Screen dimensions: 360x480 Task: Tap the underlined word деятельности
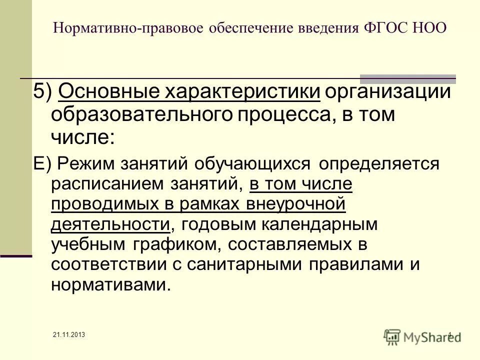[x=110, y=224]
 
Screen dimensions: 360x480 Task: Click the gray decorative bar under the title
[x=408, y=78]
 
